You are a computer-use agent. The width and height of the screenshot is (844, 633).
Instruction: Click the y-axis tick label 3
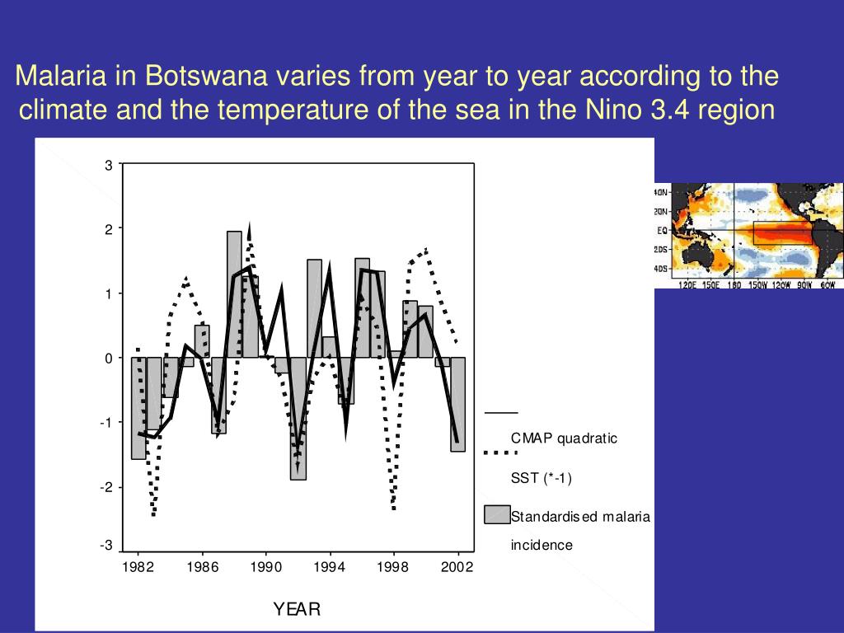108,165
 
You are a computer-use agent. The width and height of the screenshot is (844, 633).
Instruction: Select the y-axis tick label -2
105,487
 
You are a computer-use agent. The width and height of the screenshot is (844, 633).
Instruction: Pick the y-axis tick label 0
108,358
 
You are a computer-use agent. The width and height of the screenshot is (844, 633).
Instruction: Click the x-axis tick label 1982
138,568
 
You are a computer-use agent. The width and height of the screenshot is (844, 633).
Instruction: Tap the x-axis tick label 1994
330,568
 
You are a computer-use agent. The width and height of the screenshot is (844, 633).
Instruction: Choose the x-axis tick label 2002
457,568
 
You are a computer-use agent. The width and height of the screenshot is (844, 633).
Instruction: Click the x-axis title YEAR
297,609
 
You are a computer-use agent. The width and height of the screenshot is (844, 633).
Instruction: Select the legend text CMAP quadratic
564,438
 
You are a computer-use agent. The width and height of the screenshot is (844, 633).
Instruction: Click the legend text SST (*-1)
541,478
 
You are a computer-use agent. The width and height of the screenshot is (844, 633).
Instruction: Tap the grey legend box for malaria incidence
497,514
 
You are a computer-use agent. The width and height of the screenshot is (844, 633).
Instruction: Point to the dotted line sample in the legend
499,452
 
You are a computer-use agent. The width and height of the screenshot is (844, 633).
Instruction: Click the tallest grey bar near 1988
234,294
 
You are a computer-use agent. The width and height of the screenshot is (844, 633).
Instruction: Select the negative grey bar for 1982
138,408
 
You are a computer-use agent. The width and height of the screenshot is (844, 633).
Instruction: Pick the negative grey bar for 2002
457,404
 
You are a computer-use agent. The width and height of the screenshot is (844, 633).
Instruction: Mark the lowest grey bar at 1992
298,418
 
